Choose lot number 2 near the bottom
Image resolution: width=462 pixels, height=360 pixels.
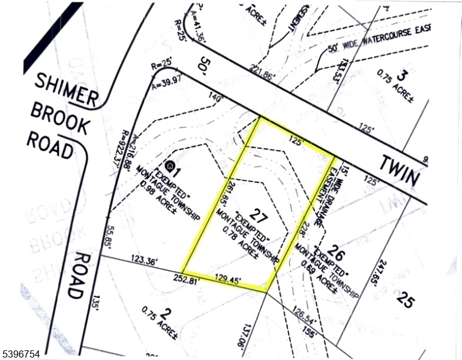(167, 314)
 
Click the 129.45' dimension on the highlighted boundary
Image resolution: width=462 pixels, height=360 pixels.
(230, 278)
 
